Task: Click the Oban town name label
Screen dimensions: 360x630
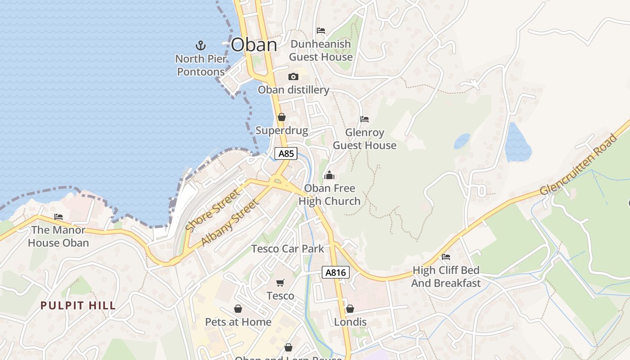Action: point(254,45)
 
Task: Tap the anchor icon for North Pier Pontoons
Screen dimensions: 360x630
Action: point(200,45)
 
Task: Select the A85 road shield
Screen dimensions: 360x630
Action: point(286,153)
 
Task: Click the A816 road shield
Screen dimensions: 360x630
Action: point(336,272)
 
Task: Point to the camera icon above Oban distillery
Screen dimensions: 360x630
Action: point(293,76)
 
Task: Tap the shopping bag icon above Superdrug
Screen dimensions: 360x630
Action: point(282,117)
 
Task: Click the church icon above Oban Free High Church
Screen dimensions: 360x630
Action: point(329,175)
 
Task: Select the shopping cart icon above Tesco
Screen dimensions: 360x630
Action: point(280,283)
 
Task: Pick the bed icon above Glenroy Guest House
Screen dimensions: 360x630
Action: point(364,119)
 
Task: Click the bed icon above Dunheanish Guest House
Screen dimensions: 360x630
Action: point(321,31)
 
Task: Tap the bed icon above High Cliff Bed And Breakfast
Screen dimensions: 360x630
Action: point(446,257)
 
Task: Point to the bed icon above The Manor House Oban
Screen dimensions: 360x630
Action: point(58,217)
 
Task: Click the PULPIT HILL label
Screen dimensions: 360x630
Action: point(78,306)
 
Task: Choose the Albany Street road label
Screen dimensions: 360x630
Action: point(230,223)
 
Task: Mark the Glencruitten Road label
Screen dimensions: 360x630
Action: point(579,164)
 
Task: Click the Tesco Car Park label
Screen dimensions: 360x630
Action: point(288,248)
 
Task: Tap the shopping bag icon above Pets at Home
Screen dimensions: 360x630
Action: point(238,309)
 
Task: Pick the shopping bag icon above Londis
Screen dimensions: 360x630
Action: point(350,309)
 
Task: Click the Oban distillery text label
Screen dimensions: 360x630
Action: point(293,90)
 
